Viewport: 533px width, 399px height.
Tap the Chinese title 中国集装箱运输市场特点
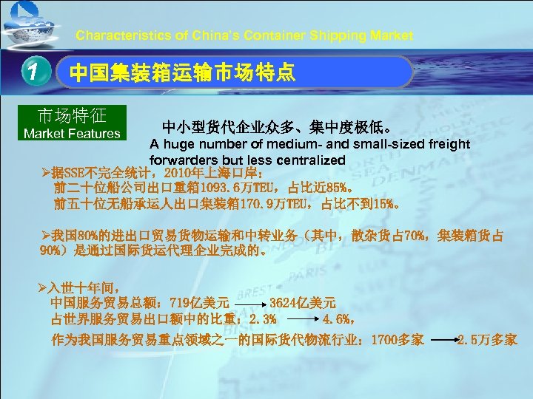182,72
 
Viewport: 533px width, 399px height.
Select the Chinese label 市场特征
72,116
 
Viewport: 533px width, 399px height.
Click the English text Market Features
72,134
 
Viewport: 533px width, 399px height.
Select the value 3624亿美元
303,302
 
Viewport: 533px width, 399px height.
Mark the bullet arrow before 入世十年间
44,287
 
